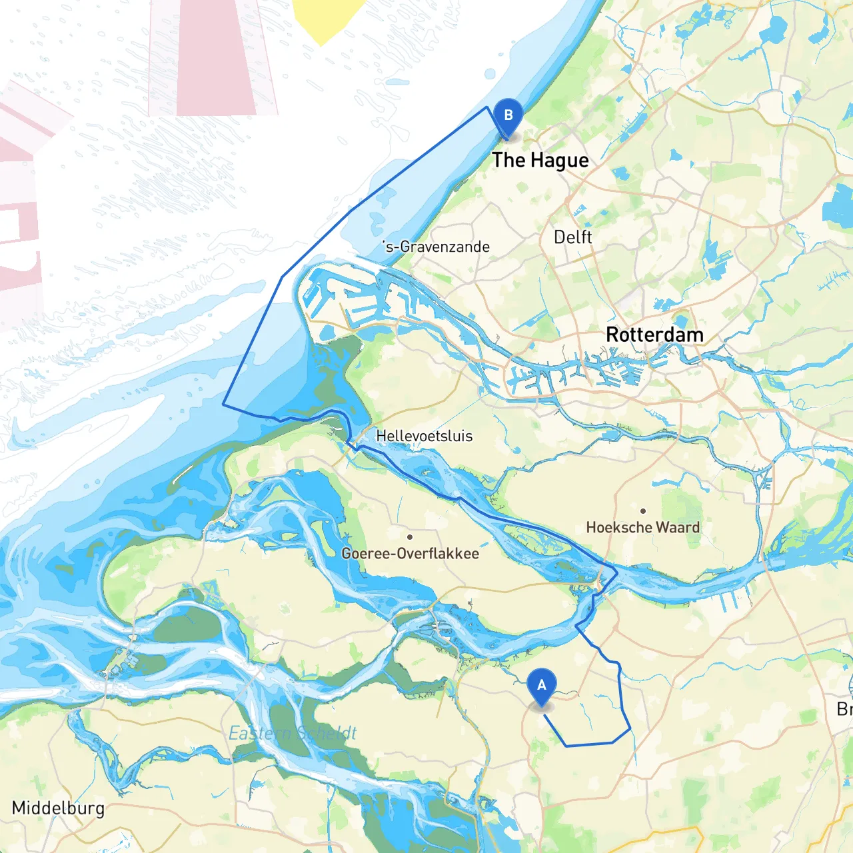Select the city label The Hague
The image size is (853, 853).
coord(540,161)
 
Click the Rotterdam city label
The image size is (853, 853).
coord(654,335)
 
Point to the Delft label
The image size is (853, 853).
coord(572,237)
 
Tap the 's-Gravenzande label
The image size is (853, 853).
coord(436,247)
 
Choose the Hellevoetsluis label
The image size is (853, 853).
coord(424,436)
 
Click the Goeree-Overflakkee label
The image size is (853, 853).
coord(410,554)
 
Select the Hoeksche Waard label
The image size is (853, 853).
coord(642,528)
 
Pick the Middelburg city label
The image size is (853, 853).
coord(58,808)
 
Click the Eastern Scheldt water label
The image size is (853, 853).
coord(293,734)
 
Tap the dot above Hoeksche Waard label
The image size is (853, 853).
coord(643,511)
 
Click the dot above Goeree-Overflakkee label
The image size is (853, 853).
coord(410,536)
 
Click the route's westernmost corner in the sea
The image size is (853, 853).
coord(223,404)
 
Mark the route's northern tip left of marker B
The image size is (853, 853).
coord(487,107)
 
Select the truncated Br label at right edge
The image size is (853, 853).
coord(844,709)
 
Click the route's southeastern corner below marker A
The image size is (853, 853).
coord(630,728)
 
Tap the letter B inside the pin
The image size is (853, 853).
coord(508,115)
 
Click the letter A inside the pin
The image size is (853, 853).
coord(542,684)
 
